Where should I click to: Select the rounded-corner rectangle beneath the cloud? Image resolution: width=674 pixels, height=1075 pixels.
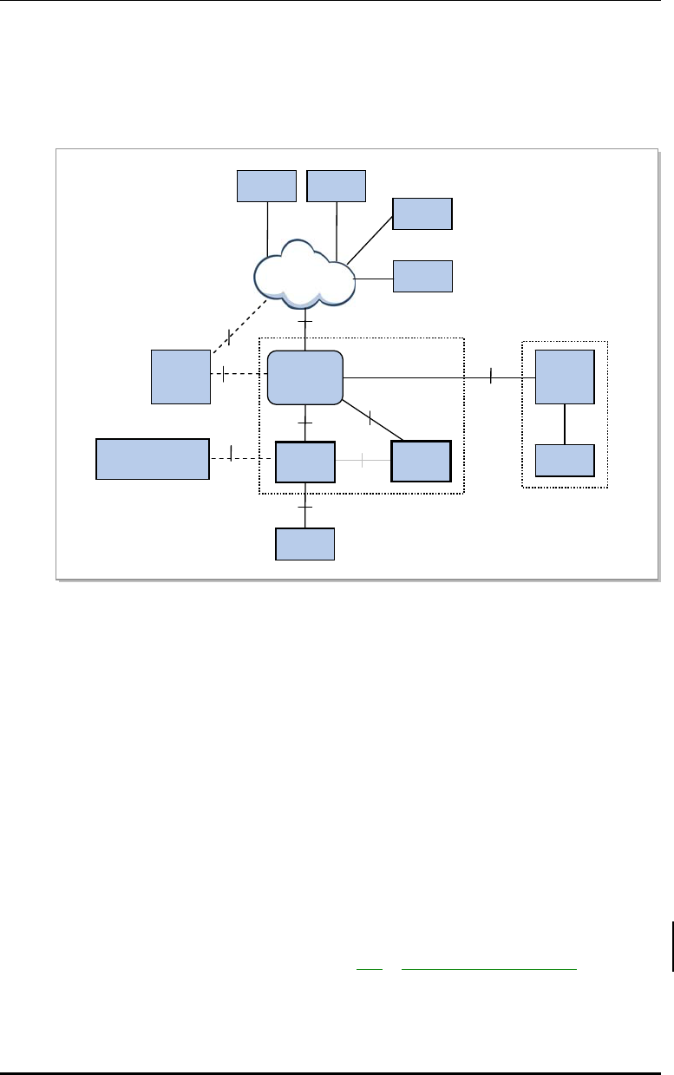tap(304, 377)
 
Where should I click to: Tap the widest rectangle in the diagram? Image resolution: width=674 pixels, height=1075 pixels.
tap(152, 459)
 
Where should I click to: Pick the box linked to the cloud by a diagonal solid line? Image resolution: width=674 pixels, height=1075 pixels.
tap(422, 213)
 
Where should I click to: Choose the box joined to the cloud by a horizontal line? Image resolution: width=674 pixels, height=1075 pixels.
tap(422, 276)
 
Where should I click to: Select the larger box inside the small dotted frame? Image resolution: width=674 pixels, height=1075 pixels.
tap(565, 377)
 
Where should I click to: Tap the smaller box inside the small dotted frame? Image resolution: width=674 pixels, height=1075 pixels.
tap(565, 461)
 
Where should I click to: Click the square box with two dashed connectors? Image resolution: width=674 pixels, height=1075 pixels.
tap(180, 377)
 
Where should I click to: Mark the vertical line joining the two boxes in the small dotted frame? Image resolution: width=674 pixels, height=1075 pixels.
tap(565, 423)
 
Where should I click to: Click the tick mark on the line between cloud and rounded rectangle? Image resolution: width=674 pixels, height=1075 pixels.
tap(304, 323)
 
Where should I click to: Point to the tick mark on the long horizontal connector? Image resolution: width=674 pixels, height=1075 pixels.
tap(490, 377)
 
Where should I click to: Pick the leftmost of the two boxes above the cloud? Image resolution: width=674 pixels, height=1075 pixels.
tap(267, 186)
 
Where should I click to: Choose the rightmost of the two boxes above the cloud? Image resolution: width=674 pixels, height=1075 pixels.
tap(337, 186)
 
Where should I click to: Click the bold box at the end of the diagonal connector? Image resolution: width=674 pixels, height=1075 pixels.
tap(422, 461)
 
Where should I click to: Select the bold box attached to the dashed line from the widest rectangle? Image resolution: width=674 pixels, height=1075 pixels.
tap(304, 462)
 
